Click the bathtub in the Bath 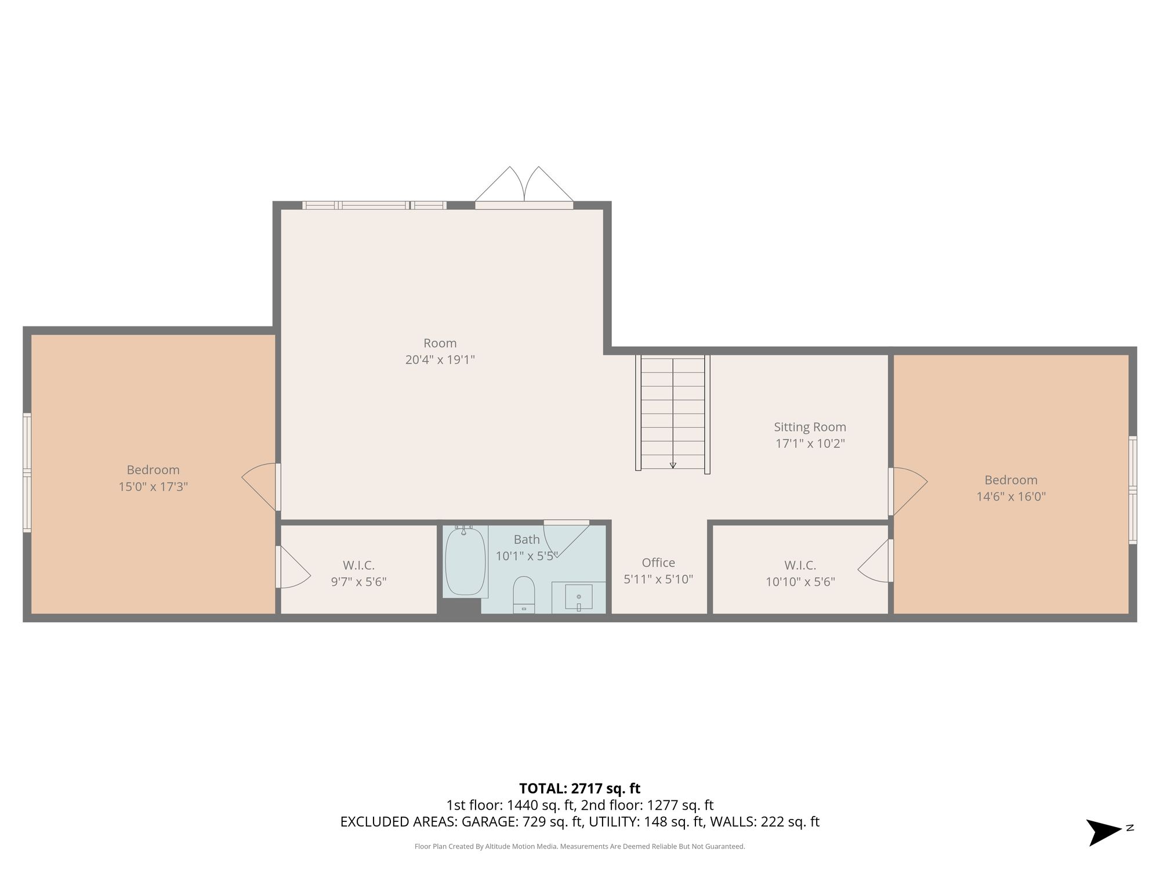(x=465, y=561)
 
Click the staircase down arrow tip (x=673, y=467)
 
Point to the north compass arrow (x=1104, y=832)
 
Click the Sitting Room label (x=810, y=427)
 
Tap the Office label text (x=658, y=563)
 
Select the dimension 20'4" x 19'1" (x=440, y=360)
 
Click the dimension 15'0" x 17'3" (x=153, y=487)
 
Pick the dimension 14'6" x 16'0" (x=1011, y=496)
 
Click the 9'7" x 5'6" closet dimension (x=358, y=582)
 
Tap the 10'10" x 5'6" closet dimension (x=800, y=582)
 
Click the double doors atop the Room (x=524, y=187)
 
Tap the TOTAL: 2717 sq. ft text (x=579, y=789)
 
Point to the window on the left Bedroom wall (x=27, y=473)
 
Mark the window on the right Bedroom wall (x=1133, y=490)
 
